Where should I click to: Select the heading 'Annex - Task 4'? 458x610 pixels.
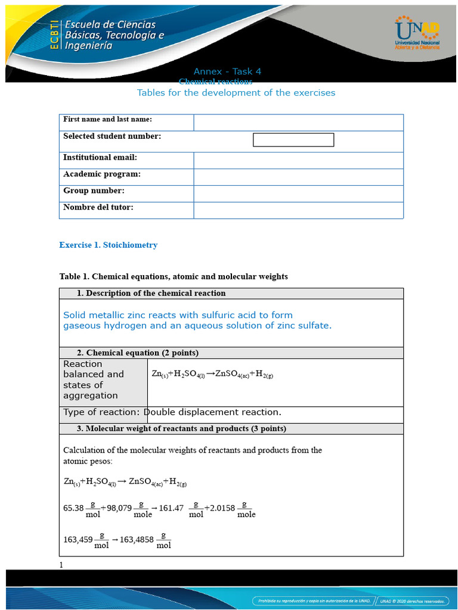pyautogui.click(x=227, y=71)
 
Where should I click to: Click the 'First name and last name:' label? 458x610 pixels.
pyautogui.click(x=107, y=120)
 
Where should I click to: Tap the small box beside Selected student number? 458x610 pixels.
pyautogui.click(x=293, y=140)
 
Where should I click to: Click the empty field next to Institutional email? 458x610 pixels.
pyautogui.click(x=298, y=160)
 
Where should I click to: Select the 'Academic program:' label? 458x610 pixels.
pyautogui.click(x=102, y=174)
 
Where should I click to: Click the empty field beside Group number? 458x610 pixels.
pyautogui.click(x=298, y=194)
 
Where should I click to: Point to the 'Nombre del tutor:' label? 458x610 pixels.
pyautogui.click(x=98, y=207)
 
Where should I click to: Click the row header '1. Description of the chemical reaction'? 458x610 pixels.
pyautogui.click(x=151, y=293)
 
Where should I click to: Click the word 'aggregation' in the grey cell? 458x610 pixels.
pyautogui.click(x=91, y=396)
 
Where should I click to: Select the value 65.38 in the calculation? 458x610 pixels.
pyautogui.click(x=73, y=508)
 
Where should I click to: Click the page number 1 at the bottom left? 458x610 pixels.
pyautogui.click(x=61, y=565)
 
